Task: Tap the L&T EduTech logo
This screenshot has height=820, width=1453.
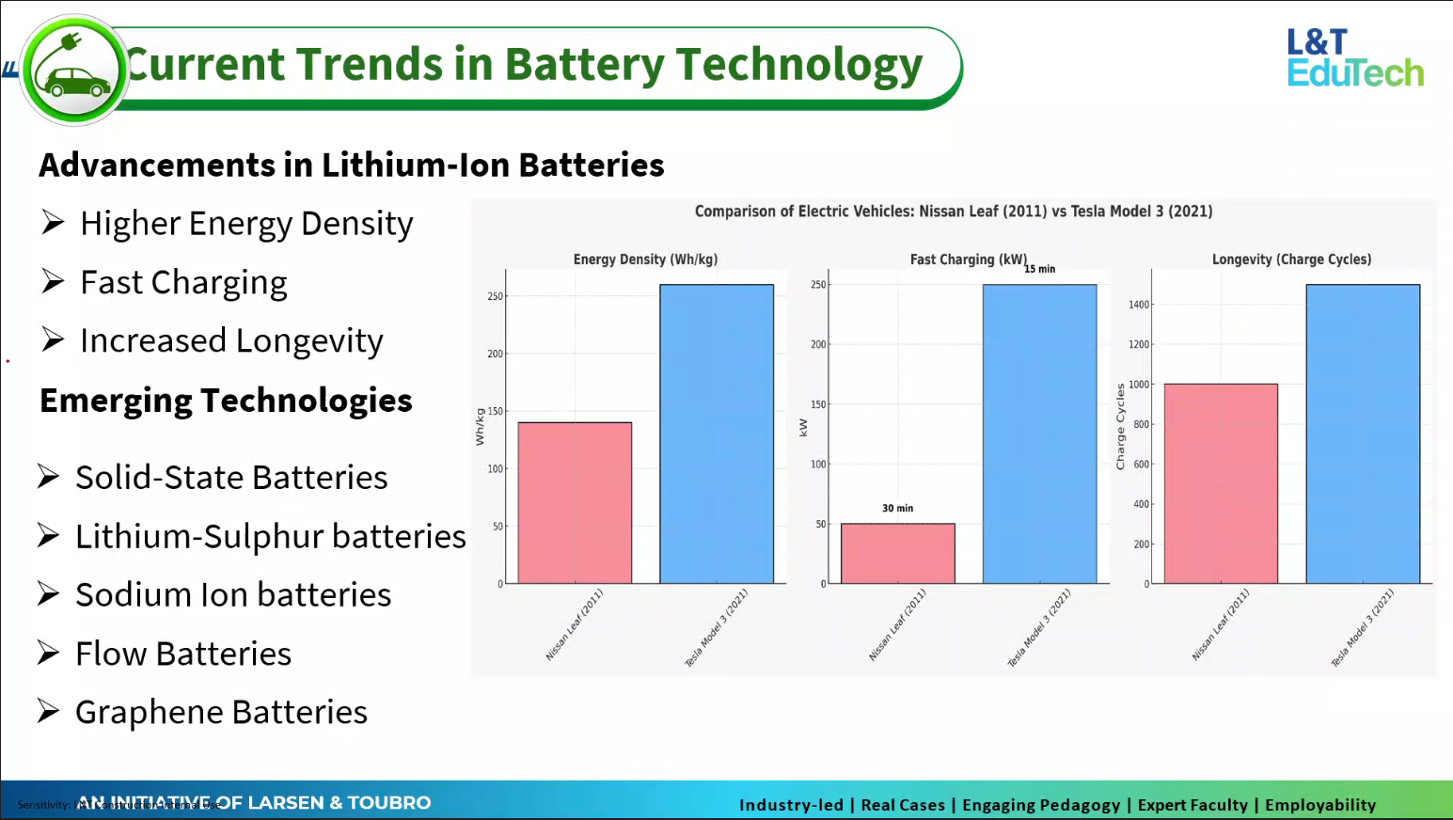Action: [1354, 57]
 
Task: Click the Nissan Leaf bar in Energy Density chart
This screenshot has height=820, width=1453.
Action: [575, 502]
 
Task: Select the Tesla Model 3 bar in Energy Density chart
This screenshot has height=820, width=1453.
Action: [717, 434]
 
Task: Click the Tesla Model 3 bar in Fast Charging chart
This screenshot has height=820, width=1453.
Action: [1039, 434]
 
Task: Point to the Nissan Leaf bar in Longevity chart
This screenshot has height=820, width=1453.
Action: [1221, 483]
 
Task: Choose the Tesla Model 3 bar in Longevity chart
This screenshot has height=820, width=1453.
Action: [1363, 434]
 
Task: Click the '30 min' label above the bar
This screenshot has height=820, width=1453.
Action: [897, 509]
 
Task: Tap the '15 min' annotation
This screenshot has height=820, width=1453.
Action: [1039, 269]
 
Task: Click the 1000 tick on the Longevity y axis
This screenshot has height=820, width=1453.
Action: [1139, 385]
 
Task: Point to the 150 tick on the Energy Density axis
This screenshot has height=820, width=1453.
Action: [495, 411]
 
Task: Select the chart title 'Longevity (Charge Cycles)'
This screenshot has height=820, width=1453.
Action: [1291, 260]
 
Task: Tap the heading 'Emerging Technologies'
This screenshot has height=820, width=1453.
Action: [226, 401]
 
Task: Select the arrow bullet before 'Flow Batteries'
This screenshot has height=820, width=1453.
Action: [49, 653]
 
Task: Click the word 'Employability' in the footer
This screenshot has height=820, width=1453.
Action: [1319, 805]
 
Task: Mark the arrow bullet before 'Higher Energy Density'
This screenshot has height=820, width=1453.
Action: [53, 223]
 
